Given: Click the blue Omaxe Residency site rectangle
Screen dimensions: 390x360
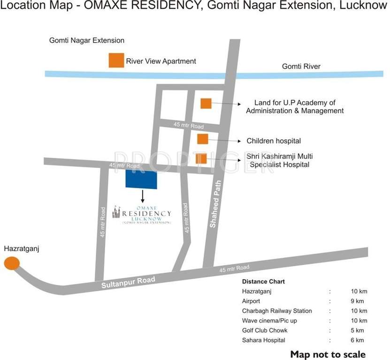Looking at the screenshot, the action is tap(141, 180).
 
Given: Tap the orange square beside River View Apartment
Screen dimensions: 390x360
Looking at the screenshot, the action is tap(116, 60).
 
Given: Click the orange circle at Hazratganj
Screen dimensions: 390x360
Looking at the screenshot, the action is tap(12, 263).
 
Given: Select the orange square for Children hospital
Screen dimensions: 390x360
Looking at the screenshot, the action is tap(202, 139).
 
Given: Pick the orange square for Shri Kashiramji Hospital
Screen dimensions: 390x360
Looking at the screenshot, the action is tap(201, 159).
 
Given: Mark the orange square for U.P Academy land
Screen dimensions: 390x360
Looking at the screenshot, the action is tap(206, 103).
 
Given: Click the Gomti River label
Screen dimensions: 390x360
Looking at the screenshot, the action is tap(301, 67).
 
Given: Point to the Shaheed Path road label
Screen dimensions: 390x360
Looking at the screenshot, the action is tap(216, 204).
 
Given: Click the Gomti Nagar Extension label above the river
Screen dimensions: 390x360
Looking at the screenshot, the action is tap(87, 41).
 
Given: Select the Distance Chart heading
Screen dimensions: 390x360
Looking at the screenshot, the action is tap(263, 282).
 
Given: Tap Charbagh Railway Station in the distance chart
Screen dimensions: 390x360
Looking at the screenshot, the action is tap(277, 311).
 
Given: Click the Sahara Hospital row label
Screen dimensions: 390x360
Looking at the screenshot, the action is tap(263, 340).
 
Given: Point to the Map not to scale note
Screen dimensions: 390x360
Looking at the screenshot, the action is tap(328, 354).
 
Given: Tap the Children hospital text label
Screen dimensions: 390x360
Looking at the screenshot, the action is tap(274, 141).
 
